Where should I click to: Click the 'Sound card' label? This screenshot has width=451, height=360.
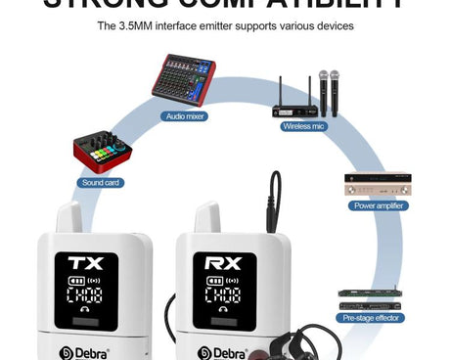click(x=101, y=183)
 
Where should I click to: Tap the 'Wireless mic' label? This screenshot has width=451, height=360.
click(x=304, y=126)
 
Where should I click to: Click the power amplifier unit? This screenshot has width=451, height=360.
click(x=378, y=184)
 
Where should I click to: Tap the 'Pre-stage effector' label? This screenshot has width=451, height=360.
click(x=371, y=318)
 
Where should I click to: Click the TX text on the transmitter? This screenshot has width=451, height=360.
click(x=84, y=262)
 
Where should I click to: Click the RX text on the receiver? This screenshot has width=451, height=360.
click(x=223, y=262)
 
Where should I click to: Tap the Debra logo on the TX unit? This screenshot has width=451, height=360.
click(x=85, y=351)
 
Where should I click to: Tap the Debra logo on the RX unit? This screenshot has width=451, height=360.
click(x=222, y=351)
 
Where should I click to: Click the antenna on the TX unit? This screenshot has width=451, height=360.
click(x=68, y=216)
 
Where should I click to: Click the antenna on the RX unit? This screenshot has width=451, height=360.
click(x=207, y=216)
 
